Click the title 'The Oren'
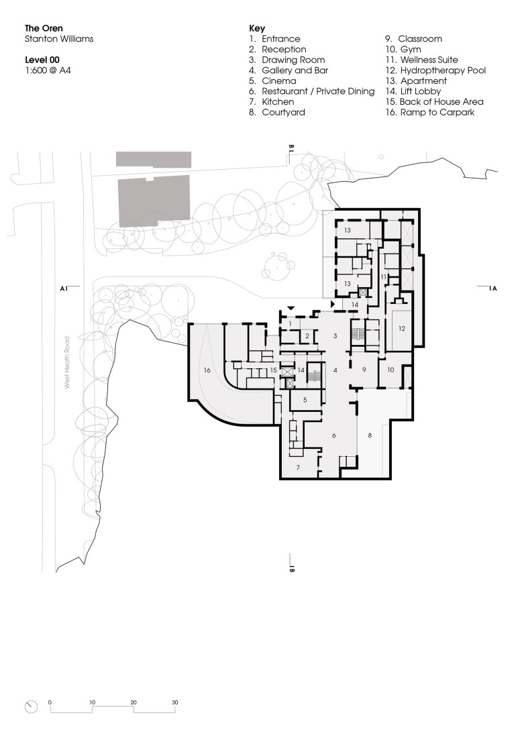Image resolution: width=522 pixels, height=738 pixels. point(44,29)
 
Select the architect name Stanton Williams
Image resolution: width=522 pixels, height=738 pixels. point(59,39)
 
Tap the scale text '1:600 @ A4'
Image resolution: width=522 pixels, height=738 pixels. point(47,70)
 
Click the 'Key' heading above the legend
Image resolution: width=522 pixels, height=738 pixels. point(257,29)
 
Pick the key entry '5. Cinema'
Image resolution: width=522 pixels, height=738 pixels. point(273,81)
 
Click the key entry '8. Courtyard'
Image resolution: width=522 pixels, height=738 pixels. point(276,112)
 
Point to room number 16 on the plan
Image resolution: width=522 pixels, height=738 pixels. point(207,370)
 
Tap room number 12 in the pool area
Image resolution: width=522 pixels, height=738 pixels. point(402,329)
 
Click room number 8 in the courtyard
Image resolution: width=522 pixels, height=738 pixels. point(368,435)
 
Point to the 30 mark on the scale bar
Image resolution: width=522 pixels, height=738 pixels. point(175,702)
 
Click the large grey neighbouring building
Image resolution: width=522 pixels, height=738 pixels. point(154,201)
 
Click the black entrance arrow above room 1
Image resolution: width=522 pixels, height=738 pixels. point(290,307)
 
